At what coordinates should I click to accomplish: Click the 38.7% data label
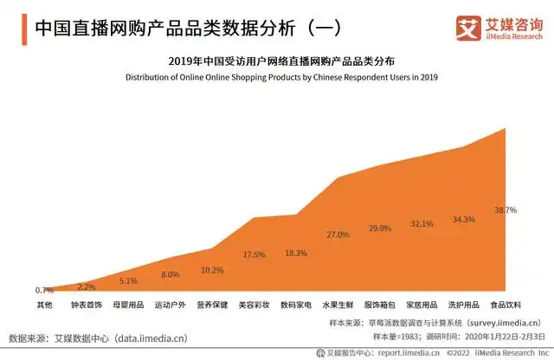[506, 210]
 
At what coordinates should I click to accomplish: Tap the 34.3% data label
[463, 219]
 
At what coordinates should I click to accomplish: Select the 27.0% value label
[338, 235]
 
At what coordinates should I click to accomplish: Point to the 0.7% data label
[44, 290]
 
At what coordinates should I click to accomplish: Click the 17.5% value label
[254, 254]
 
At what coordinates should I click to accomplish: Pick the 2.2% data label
[87, 286]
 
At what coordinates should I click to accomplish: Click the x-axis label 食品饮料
[505, 305]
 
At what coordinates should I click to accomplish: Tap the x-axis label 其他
[44, 305]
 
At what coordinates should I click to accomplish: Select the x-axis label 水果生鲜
[338, 305]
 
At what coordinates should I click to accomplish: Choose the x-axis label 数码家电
[295, 305]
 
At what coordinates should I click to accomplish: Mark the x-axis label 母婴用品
[128, 305]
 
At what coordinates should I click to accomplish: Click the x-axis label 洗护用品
[463, 305]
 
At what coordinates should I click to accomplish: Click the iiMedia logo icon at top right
[469, 29]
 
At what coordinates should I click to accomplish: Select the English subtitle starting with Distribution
[282, 77]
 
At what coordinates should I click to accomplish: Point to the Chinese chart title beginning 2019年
[282, 61]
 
